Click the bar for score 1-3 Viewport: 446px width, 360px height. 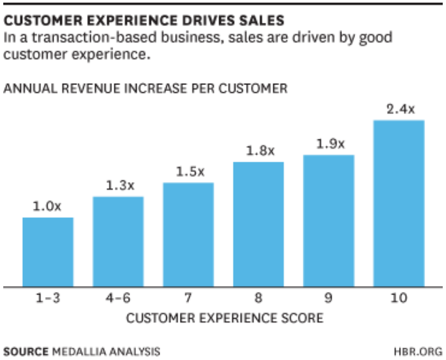[48, 252]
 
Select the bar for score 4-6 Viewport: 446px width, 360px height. [118, 242]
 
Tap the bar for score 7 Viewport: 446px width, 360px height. [188, 234]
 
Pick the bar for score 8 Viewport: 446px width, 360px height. [258, 224]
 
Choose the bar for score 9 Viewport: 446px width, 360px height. [328, 221]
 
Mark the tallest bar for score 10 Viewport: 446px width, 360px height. [399, 203]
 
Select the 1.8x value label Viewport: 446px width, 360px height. [258, 151]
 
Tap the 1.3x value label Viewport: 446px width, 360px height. [118, 186]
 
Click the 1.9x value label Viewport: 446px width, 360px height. [328, 144]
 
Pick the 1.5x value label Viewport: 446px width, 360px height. [188, 172]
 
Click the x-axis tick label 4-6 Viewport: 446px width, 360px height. [118, 298]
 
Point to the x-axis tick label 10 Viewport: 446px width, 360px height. [399, 298]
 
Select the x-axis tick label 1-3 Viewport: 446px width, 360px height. [48, 298]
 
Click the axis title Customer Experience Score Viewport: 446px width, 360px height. [224, 319]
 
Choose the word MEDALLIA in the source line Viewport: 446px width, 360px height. [77, 351]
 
